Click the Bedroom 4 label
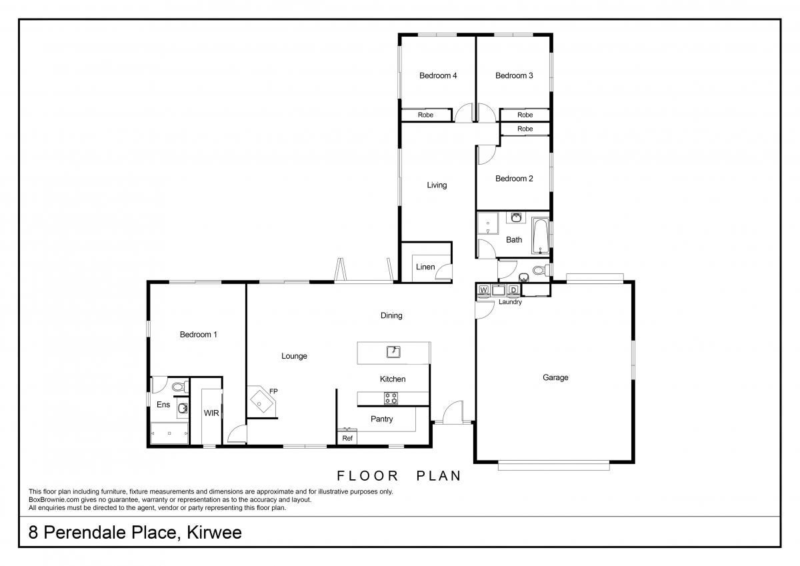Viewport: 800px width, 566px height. (x=438, y=75)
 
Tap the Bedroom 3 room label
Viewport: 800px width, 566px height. (x=514, y=75)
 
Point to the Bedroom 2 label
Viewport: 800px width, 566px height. (x=514, y=179)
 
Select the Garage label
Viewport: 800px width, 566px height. (x=555, y=377)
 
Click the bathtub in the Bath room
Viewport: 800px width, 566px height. (x=540, y=236)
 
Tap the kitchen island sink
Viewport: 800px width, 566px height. (x=393, y=352)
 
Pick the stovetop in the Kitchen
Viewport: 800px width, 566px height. (x=391, y=398)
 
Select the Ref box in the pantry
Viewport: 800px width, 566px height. (x=347, y=437)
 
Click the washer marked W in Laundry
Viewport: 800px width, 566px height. (x=483, y=289)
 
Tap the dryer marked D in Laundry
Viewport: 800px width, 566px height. (x=513, y=289)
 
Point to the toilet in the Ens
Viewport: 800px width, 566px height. (x=181, y=387)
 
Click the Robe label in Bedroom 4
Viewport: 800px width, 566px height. (x=425, y=115)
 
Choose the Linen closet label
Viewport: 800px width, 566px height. (x=425, y=267)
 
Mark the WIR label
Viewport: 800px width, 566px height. (x=211, y=413)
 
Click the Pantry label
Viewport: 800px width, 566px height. (x=382, y=419)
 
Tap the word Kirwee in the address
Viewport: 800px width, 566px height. (x=214, y=533)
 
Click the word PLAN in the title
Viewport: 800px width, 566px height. (x=439, y=475)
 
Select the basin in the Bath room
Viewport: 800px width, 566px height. (x=516, y=217)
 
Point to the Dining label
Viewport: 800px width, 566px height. (x=391, y=316)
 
